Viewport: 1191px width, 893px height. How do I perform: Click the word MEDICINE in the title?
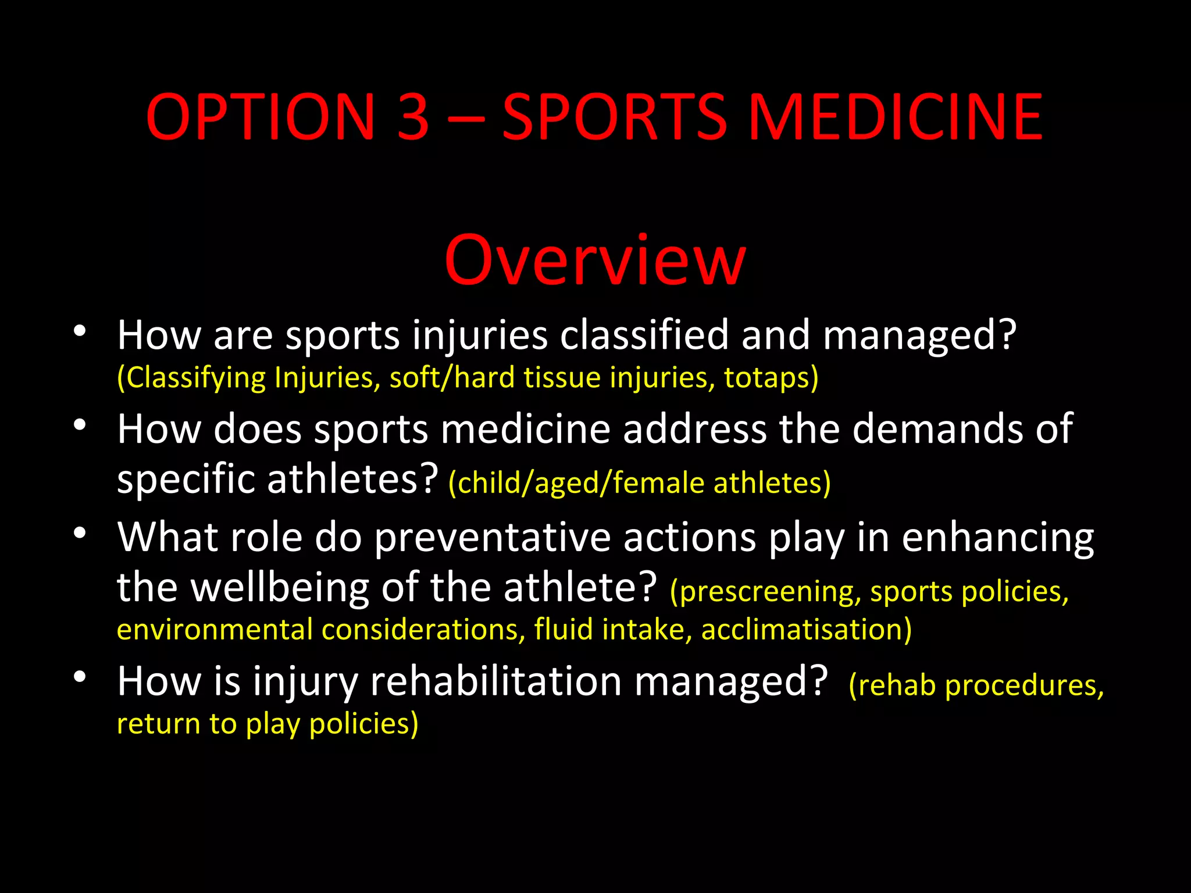pyautogui.click(x=895, y=118)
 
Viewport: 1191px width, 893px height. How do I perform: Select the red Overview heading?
pyautogui.click(x=595, y=260)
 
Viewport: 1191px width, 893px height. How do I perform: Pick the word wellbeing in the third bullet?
pyautogui.click(x=280, y=587)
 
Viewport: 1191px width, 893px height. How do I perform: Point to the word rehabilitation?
pyautogui.click(x=496, y=681)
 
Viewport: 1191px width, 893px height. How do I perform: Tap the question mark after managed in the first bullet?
pyautogui.click(x=1004, y=335)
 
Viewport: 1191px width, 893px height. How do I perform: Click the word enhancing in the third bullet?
pyautogui.click(x=997, y=538)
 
